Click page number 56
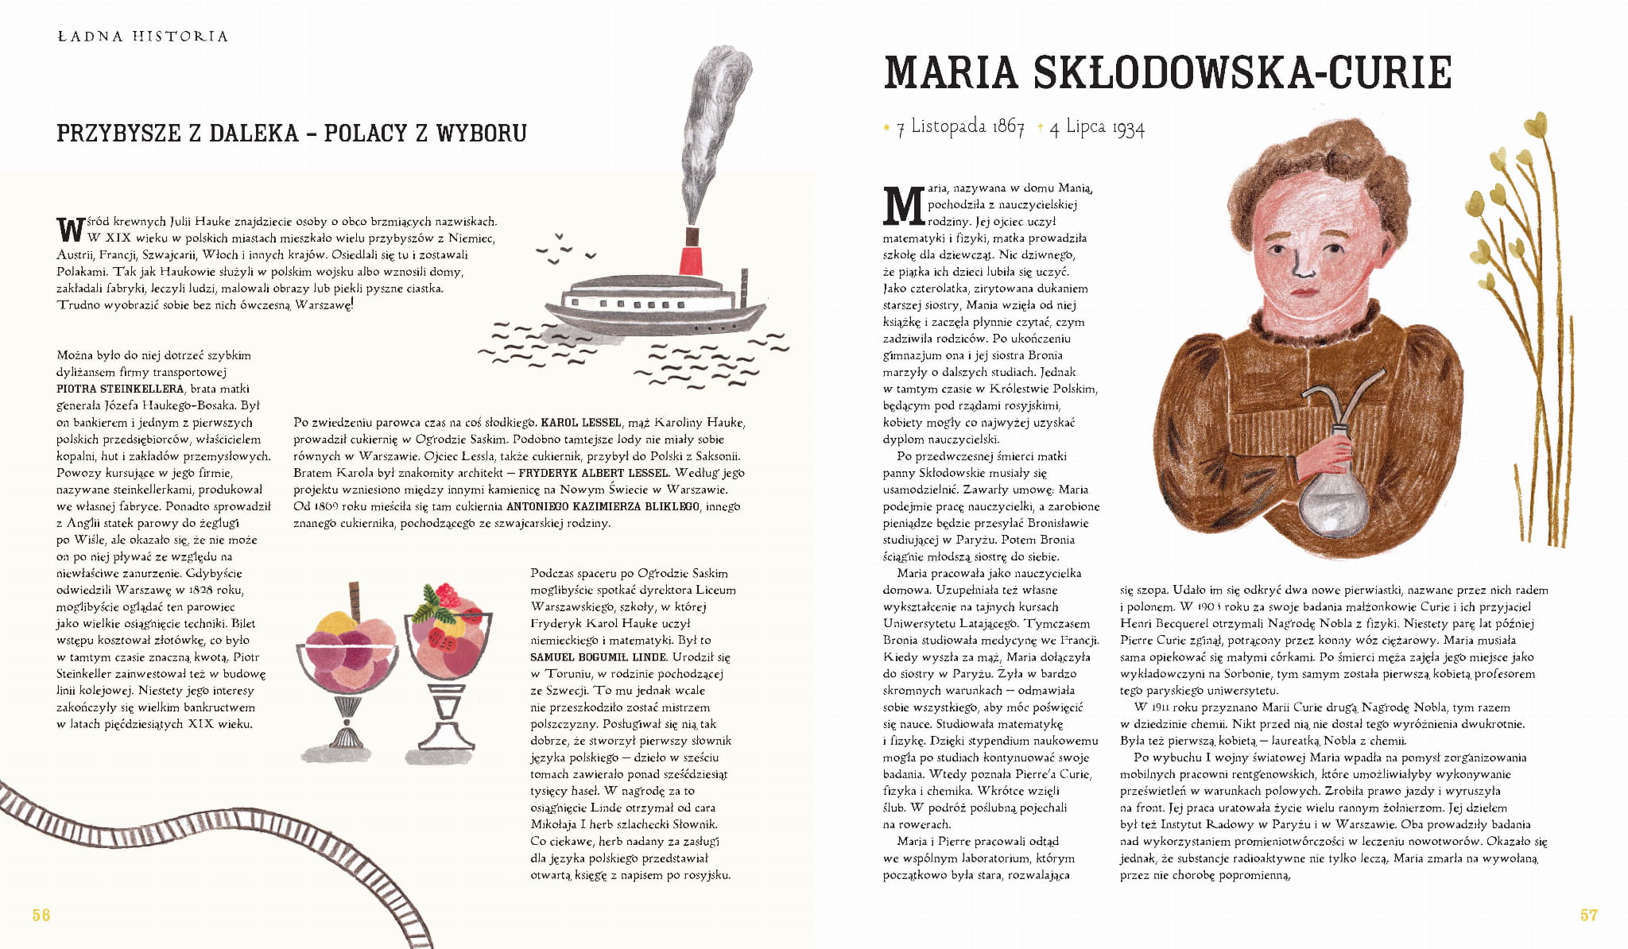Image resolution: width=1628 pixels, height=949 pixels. pos(41,915)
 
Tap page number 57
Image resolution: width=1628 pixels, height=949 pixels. pos(1588,915)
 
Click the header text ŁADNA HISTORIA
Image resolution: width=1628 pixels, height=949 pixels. pos(143,37)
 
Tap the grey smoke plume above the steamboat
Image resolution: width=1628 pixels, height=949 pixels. pos(711,119)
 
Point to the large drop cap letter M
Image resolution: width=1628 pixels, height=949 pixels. pos(904,206)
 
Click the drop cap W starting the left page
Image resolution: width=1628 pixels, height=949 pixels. pos(70,230)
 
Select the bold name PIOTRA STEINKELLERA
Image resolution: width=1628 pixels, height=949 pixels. pos(119,389)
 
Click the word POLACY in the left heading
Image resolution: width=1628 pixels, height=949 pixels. pos(364,133)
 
